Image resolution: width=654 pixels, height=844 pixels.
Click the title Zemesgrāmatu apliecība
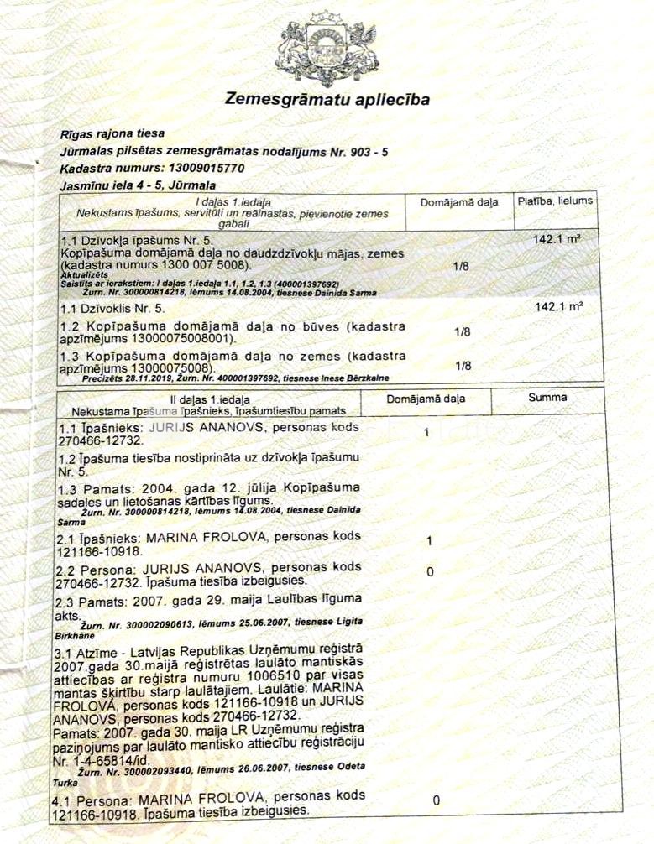point(327,100)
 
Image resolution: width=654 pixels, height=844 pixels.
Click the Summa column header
point(547,397)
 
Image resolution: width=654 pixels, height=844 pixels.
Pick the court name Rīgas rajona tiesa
point(112,133)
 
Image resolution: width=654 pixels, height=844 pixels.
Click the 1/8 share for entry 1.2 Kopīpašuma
point(461,332)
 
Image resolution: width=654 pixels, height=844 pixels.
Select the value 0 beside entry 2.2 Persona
point(430,572)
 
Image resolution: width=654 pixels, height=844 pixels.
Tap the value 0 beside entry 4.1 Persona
point(436,800)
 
